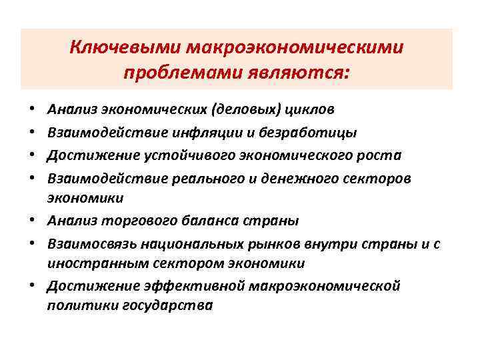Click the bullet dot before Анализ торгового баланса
point(33,221)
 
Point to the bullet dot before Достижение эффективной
point(33,287)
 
